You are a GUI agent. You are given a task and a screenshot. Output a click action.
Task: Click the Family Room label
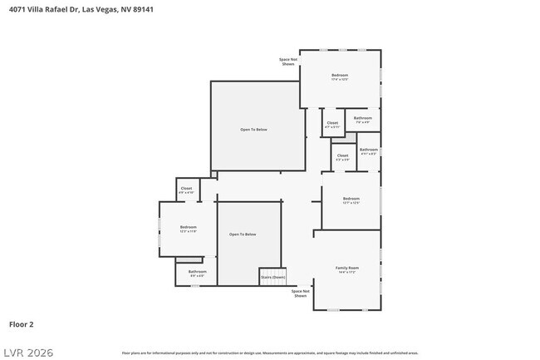click(x=346, y=268)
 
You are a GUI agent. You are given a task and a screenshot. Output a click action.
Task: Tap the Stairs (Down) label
click(x=272, y=277)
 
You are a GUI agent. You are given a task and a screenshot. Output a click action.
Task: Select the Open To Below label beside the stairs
click(x=243, y=234)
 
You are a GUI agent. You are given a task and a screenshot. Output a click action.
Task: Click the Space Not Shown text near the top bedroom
click(x=287, y=62)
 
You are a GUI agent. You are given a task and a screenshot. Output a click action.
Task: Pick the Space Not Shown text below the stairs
click(x=300, y=293)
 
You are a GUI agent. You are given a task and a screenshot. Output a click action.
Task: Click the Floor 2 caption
click(x=21, y=324)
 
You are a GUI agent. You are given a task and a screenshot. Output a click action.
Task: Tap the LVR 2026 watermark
click(x=27, y=353)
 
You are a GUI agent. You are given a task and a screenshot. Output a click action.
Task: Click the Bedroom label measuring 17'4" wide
click(x=339, y=76)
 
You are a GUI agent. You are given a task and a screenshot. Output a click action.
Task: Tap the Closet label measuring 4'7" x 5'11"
click(x=332, y=123)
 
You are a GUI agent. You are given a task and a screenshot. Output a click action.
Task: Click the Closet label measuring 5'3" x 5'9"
click(x=342, y=155)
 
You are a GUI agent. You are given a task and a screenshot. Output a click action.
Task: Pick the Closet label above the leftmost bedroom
click(x=186, y=189)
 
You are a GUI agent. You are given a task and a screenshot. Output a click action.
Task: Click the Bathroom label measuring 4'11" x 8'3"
click(x=368, y=150)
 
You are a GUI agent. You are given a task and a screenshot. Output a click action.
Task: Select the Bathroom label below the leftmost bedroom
click(x=197, y=272)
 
